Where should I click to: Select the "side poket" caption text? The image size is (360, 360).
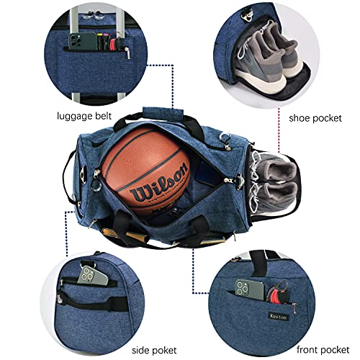[x=88, y=348]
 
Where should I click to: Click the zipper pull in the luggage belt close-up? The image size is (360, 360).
[x=127, y=51]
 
